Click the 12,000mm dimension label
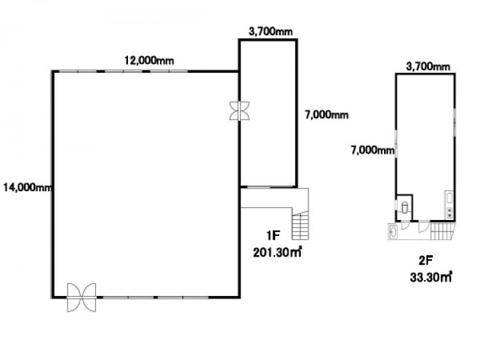[x=149, y=61]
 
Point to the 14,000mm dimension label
[x=28, y=187]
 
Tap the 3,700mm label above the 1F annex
[x=271, y=31]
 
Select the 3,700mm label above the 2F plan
[x=428, y=66]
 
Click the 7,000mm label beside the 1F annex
[x=326, y=115]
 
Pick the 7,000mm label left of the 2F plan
[x=372, y=150]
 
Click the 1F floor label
[x=273, y=235]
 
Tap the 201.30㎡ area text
[x=277, y=253]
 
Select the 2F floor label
[x=426, y=261]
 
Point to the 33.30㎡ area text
[x=431, y=278]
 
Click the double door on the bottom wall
[x=81, y=297]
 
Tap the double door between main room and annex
[x=240, y=111]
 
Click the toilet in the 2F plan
[x=405, y=207]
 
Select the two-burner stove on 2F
[x=449, y=212]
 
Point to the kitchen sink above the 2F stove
[x=449, y=198]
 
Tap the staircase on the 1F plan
[x=300, y=225]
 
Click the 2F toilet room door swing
[x=405, y=225]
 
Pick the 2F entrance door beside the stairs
[x=424, y=226]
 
